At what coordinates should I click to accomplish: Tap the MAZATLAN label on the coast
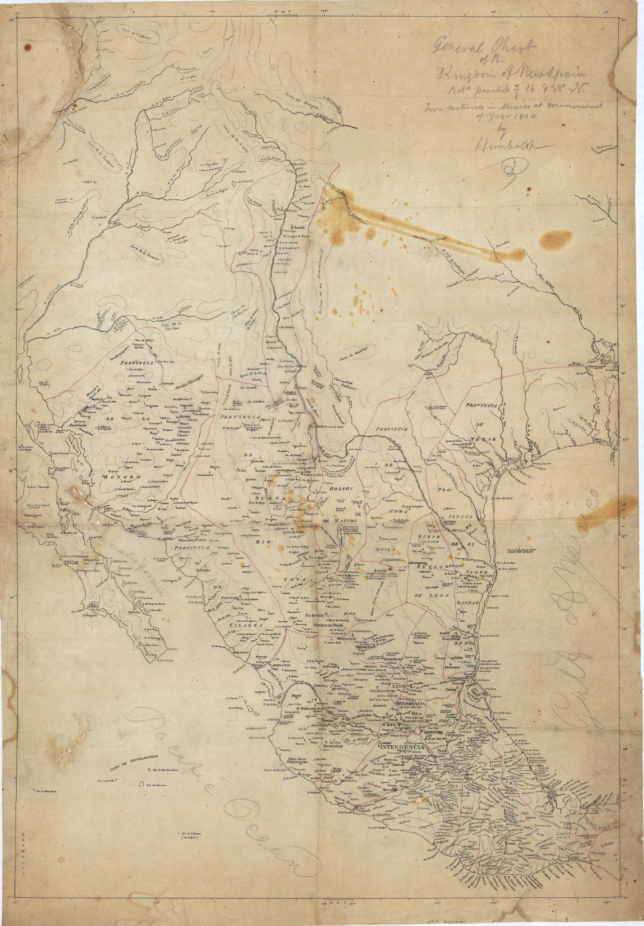tap(240, 652)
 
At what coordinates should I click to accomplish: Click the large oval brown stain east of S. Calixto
tap(552, 240)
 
